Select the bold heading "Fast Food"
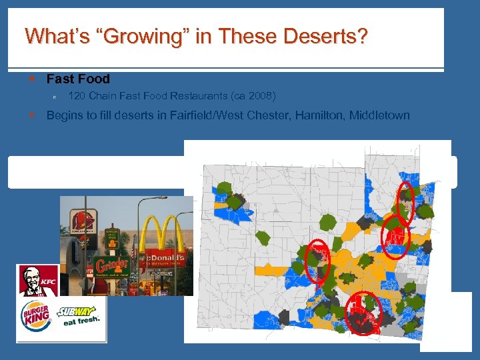[x=78, y=79]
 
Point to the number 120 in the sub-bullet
[x=77, y=96]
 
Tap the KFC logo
[x=38, y=281]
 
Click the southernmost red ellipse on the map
[x=364, y=313]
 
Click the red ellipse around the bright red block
[x=396, y=235]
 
